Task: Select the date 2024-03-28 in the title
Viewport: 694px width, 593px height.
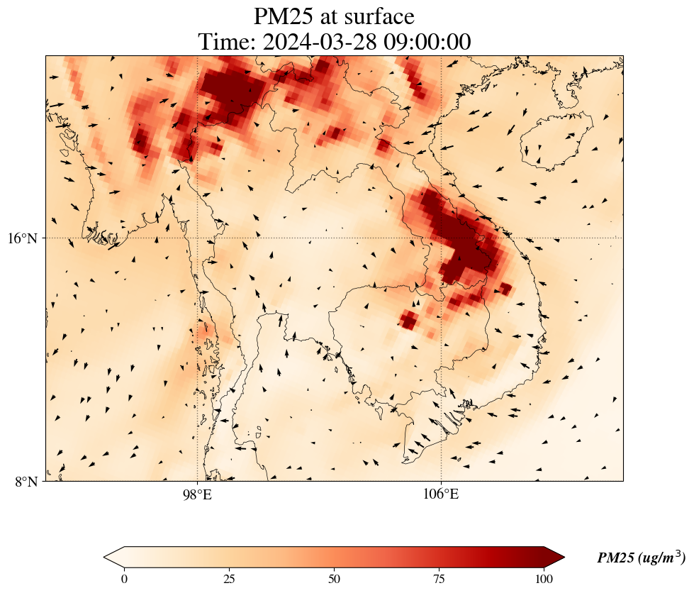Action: click(320, 42)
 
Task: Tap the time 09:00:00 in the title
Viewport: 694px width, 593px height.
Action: click(427, 42)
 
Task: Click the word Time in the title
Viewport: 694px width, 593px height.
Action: click(225, 42)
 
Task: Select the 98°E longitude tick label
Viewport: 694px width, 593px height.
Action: click(197, 494)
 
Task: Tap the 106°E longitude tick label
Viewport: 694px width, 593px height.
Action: click(441, 494)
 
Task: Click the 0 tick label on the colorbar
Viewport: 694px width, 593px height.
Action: click(125, 578)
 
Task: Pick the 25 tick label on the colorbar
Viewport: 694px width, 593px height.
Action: click(229, 578)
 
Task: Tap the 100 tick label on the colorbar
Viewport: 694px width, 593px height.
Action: click(544, 578)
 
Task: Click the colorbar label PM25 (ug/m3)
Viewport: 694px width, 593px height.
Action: click(641, 558)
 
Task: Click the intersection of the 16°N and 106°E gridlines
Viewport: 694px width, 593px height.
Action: click(441, 238)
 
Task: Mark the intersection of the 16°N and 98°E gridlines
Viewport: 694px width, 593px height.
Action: click(197, 238)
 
